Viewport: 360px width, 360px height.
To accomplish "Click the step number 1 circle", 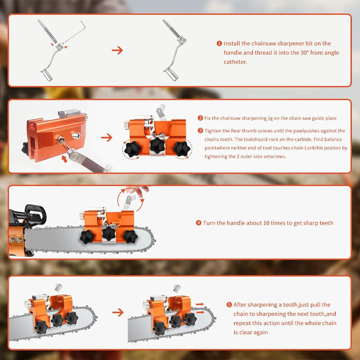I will pos(219,44).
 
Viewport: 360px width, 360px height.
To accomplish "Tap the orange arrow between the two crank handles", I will pos(117,50).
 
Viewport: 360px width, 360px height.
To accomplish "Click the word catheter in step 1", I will pos(235,62).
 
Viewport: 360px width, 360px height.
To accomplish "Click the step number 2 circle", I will pos(200,118).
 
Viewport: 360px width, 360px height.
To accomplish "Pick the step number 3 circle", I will pos(200,130).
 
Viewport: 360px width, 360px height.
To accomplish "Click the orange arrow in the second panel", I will pos(107,137).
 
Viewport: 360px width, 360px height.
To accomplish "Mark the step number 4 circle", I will pos(198,223).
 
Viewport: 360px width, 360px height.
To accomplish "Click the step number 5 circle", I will pos(229,305).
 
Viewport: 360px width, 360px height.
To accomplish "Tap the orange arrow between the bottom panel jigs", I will pos(117,312).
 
